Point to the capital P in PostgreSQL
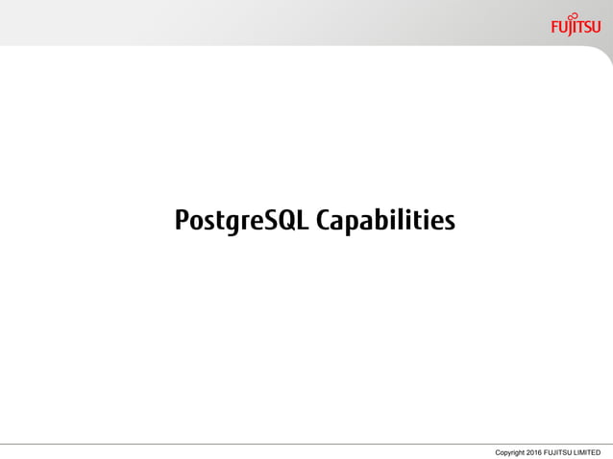[182, 221]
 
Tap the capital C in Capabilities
[325, 221]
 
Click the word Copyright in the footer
[511, 451]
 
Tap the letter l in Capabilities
[402, 220]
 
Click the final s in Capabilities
[448, 224]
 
